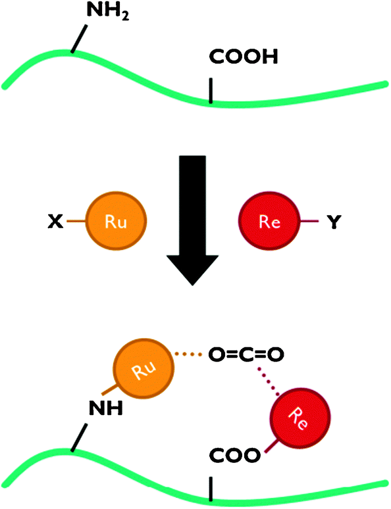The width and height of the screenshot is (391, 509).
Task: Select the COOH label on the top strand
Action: coord(244,57)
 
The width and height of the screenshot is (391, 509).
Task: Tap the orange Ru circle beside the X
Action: coord(116,221)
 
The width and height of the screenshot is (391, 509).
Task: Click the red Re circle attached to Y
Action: coord(269,221)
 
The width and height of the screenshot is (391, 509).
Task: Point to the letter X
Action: coord(55,222)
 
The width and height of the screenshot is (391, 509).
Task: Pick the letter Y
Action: coord(334,222)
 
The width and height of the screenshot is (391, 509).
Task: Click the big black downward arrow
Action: coord(192,220)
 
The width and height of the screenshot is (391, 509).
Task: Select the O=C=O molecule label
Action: coord(246,354)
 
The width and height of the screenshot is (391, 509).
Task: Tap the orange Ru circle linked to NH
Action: coord(143,368)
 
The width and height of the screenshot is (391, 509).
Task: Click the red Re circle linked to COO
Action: coord(300,417)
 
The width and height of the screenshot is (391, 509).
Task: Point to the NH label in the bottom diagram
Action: coord(106,408)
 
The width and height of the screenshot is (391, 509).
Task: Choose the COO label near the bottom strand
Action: coord(234,455)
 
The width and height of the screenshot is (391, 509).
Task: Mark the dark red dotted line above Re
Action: coord(269,381)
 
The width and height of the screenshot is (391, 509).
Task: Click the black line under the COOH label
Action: coord(211,91)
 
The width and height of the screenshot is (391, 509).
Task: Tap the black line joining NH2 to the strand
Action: coord(79,38)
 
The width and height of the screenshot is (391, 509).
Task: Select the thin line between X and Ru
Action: coord(76,222)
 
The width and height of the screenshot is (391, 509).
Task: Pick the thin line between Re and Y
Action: coord(309,222)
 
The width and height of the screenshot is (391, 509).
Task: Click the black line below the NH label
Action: coord(79,437)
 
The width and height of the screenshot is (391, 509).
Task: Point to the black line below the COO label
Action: coord(211,489)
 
